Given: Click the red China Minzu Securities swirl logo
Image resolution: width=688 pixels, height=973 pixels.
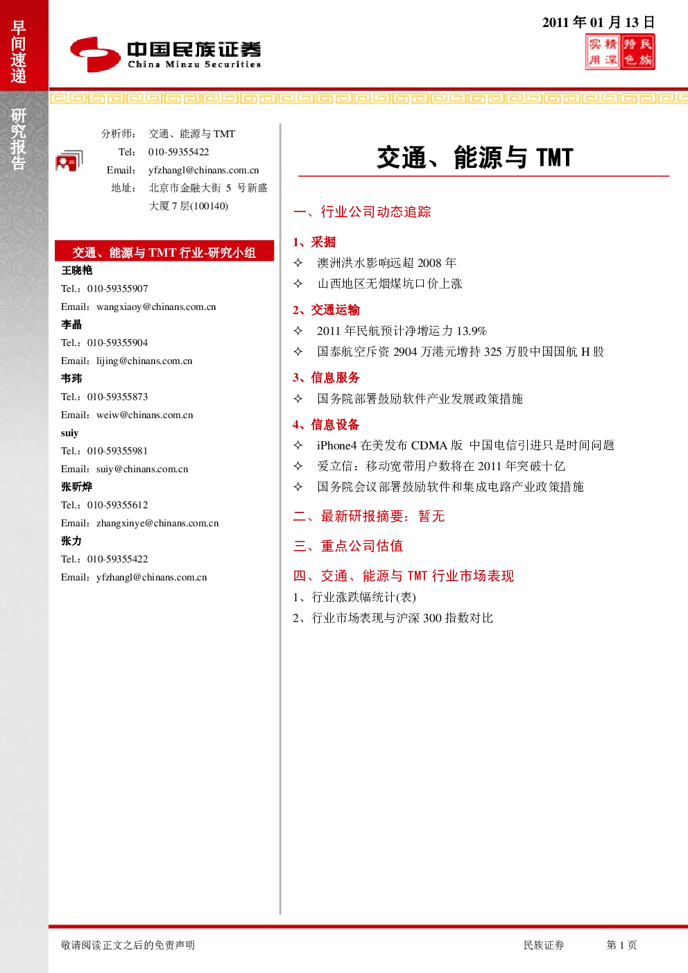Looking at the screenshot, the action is coord(95,54).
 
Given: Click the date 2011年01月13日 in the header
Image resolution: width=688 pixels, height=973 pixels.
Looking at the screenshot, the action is coord(598,22).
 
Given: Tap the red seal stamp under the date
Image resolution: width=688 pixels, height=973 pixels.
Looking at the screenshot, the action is coord(620,52).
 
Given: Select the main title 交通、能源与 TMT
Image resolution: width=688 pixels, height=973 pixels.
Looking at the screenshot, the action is coord(475,157).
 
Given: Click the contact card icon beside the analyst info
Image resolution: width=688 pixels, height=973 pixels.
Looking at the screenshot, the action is coord(69,161).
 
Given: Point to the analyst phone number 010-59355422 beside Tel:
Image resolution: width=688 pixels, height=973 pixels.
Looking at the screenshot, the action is coord(178,152).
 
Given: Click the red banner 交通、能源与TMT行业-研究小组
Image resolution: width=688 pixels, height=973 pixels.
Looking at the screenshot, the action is coord(164,252).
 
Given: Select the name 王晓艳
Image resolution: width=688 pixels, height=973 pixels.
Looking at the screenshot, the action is coord(76,270).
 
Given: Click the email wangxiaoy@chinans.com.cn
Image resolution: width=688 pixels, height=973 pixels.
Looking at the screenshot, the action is coord(156,307).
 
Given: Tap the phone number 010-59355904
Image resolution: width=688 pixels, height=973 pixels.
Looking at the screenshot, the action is coord(117,343).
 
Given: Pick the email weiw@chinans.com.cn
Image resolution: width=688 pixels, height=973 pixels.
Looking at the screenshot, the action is coord(145,415).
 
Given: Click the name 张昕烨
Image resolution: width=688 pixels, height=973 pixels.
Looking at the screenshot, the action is coord(76,487).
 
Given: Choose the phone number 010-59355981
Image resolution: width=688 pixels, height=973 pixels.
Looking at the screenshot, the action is coord(117,451).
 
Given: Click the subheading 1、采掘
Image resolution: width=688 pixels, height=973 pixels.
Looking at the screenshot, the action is coord(314,242).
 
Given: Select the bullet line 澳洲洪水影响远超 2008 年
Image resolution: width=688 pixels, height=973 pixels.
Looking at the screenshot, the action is coord(386,263).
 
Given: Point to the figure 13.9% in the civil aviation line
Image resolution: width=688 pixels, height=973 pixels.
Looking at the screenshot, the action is coord(472,331).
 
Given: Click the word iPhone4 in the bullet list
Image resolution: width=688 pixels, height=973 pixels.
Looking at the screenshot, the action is coord(336,446).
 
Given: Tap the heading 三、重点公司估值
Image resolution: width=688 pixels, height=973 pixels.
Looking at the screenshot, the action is coord(348,546).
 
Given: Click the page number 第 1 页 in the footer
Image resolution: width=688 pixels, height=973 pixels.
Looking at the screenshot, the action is coord(621,945).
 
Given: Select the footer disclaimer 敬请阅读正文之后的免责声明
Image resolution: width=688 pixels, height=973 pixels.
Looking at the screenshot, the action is coord(128,945).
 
